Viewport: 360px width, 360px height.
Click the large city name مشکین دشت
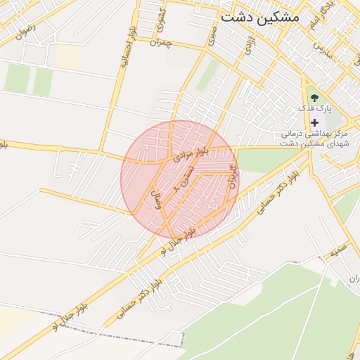[x=259, y=16]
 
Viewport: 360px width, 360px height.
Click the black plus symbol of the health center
[x=314, y=122]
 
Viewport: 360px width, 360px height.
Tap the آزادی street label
[x=248, y=45]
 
